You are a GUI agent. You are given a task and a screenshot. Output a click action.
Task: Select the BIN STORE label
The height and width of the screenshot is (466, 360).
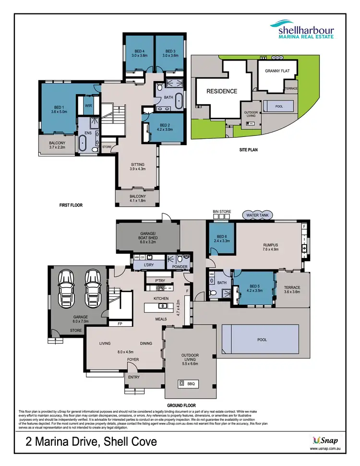click(x=222, y=211)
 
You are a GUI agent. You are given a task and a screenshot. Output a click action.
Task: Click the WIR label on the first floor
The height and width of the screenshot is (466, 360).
click(x=88, y=106)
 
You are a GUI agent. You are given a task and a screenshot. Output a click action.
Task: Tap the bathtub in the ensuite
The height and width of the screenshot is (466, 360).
click(x=82, y=143)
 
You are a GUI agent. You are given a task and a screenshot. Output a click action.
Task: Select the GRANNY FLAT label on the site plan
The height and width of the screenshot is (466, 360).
click(x=278, y=71)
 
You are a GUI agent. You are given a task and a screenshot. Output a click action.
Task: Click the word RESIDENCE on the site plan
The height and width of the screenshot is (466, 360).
click(x=222, y=91)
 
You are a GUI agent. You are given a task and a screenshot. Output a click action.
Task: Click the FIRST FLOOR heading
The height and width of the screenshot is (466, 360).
click(x=71, y=205)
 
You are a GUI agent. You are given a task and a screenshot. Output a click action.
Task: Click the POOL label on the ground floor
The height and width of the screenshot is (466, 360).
click(x=262, y=340)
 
